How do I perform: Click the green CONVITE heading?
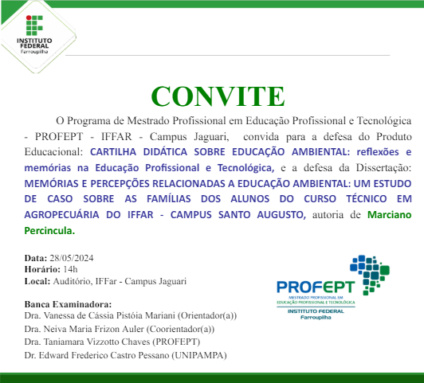(x=217, y=96)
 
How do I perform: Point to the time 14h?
(x=64, y=270)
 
